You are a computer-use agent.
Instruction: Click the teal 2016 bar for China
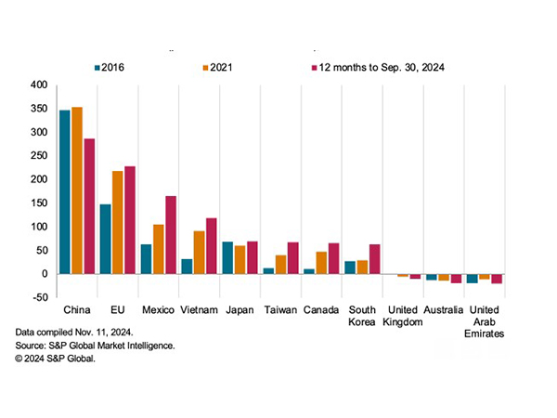[65, 191]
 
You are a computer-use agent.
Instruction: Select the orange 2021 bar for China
[77, 189]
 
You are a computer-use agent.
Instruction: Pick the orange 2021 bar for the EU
[118, 222]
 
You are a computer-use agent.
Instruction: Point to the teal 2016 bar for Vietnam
[187, 266]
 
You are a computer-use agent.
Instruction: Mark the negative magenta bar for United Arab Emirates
[497, 279]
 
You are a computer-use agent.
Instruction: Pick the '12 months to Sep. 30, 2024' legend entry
[381, 67]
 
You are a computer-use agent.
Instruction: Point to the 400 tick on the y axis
[37, 85]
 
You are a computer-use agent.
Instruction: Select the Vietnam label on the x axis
[200, 309]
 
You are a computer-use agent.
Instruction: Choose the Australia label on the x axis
[445, 309]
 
